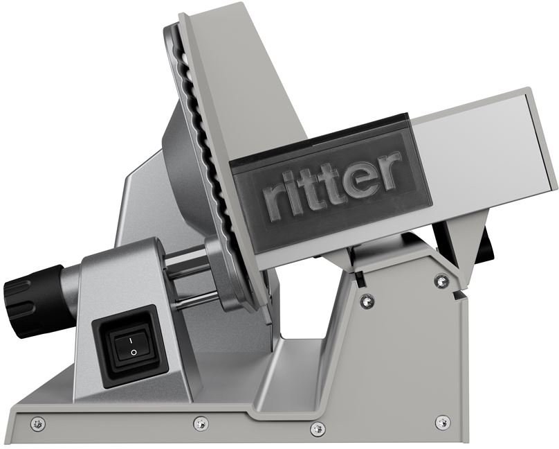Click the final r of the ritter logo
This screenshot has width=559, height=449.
tap(390, 170)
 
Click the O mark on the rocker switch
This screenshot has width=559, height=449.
tap(134, 353)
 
